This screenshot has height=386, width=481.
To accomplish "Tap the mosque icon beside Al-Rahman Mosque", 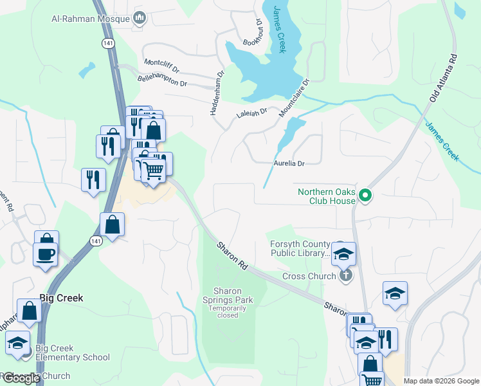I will tap(139, 17).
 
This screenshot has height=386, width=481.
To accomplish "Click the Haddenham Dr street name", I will tap(217, 93).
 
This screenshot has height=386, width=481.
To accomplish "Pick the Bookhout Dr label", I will tap(253, 33).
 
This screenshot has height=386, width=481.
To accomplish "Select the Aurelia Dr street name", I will tap(289, 163).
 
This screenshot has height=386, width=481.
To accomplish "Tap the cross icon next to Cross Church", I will tap(345, 276).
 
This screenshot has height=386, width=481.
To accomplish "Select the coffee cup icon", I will tap(45, 253).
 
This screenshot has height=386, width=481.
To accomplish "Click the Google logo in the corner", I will tap(21, 378).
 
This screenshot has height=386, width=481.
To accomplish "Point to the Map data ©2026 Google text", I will tap(440, 381).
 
